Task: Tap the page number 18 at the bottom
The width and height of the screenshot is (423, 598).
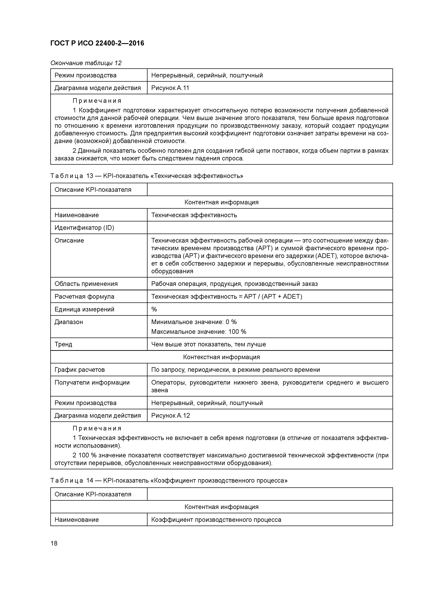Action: point(54,543)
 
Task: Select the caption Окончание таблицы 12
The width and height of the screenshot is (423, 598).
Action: point(86,63)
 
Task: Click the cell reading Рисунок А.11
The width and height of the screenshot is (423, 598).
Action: point(170,88)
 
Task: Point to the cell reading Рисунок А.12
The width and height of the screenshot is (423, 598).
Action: point(170,415)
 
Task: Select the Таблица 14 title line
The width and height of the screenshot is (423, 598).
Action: point(169,481)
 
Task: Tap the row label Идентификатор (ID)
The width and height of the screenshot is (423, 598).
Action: point(84,228)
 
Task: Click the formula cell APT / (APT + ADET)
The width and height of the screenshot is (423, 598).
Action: point(227,296)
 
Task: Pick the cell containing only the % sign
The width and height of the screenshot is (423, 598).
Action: point(154,309)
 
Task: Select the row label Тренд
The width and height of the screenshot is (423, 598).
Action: point(63,344)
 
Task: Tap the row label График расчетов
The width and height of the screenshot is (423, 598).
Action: point(79,370)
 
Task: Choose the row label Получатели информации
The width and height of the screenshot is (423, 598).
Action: point(92,382)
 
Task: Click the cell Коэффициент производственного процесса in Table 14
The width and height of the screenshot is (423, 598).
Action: point(216,520)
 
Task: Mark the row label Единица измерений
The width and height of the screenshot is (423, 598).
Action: point(84,309)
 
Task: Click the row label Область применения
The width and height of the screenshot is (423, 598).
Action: point(86,284)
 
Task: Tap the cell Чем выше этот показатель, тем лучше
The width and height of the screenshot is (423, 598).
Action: point(208,344)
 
